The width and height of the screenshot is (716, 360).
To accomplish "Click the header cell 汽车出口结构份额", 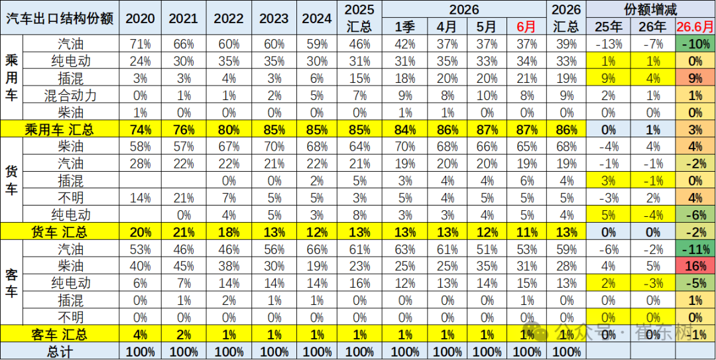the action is click(x=60, y=17).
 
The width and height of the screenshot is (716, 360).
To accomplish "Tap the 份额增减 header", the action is click(x=652, y=9).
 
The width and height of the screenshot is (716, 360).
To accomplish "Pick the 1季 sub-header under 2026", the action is click(x=405, y=27).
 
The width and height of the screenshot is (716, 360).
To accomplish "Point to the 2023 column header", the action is click(x=274, y=18).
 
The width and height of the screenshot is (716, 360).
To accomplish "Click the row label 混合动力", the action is click(x=71, y=95).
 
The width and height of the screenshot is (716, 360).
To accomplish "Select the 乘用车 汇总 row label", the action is click(x=60, y=129).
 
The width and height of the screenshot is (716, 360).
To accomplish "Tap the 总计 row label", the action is click(x=60, y=351).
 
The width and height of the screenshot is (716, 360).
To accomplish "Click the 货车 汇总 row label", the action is click(x=60, y=233).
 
